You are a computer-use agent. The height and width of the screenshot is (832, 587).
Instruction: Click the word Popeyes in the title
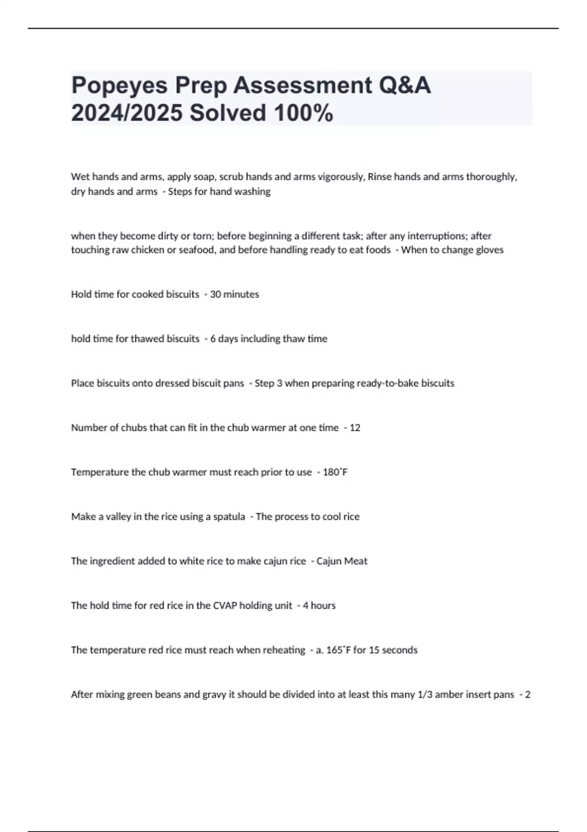click(x=119, y=86)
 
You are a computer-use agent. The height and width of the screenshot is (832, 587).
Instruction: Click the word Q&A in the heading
click(x=404, y=86)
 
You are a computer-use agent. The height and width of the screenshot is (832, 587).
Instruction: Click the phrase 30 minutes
click(x=234, y=295)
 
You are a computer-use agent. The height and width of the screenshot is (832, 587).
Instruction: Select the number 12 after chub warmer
click(x=355, y=428)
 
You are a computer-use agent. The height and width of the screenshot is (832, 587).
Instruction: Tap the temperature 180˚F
click(x=335, y=472)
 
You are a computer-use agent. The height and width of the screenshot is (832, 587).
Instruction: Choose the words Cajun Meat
click(x=342, y=561)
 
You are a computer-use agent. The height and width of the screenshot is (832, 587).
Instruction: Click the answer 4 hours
click(x=319, y=606)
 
